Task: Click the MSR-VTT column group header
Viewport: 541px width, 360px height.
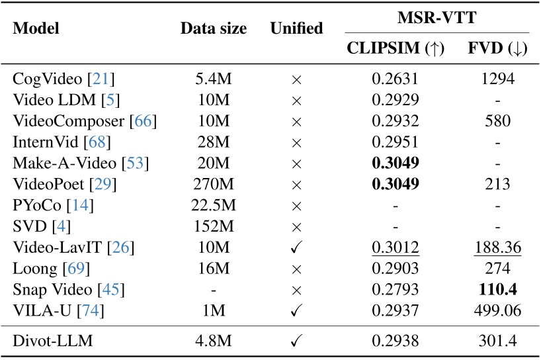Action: [437, 19]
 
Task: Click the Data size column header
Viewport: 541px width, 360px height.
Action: [214, 29]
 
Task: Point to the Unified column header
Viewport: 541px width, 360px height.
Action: [296, 29]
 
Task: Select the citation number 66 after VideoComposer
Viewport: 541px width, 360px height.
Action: [144, 121]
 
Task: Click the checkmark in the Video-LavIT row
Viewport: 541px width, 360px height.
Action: [296, 248]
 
